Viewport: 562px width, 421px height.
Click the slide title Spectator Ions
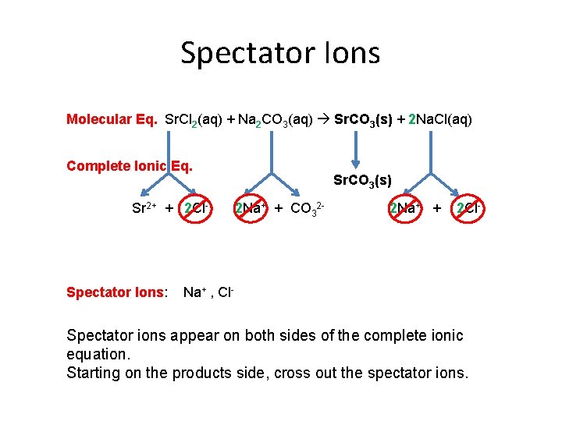coord(280,53)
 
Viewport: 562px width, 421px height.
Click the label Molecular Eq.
coord(112,119)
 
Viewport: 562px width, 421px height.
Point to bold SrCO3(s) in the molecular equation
coord(363,119)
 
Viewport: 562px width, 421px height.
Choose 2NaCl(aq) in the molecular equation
coord(440,119)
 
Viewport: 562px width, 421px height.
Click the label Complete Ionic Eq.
coord(129,165)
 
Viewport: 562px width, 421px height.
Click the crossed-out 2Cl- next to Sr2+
coord(194,209)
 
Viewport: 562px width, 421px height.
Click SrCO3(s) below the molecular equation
coord(362,181)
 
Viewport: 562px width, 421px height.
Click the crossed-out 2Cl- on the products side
coord(469,209)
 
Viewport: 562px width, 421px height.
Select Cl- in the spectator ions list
coord(226,292)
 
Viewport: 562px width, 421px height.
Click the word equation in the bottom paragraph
coord(96,354)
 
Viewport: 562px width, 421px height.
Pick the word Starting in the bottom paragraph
coord(94,373)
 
